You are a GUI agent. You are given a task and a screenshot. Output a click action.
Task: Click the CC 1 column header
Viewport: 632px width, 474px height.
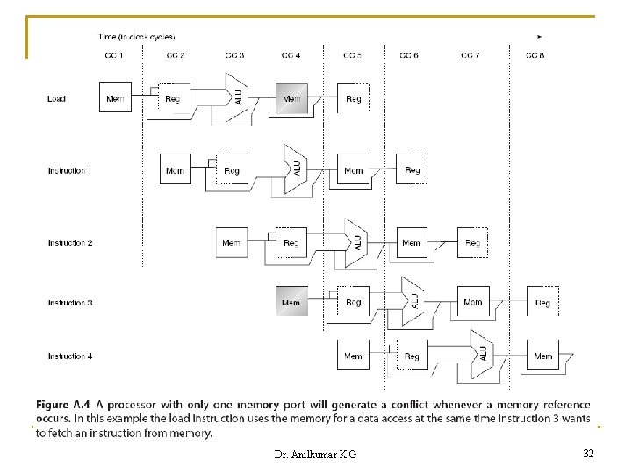pos(114,55)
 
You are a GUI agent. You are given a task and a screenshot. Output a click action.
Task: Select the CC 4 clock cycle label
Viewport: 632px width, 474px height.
pos(291,55)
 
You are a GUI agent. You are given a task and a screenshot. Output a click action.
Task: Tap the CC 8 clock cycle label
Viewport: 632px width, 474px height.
pos(536,55)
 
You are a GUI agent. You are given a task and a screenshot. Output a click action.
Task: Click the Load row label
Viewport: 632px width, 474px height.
pos(56,99)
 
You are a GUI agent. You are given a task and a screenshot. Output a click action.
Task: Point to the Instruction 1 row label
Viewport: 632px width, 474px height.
pos(70,170)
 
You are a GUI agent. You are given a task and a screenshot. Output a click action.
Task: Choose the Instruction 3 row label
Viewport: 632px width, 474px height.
pos(70,303)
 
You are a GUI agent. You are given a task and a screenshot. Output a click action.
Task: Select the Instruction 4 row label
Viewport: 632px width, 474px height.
pos(70,356)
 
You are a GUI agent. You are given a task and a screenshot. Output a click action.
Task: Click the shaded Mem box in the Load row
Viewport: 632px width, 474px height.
pos(291,98)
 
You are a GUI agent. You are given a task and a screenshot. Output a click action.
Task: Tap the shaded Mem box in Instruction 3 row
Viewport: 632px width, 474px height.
pos(291,302)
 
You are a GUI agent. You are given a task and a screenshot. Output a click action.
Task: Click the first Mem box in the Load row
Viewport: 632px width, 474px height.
pos(115,98)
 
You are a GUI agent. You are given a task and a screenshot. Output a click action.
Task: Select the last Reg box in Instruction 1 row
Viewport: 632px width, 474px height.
pos(412,169)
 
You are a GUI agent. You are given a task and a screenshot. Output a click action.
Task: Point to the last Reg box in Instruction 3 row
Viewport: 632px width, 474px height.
pos(542,302)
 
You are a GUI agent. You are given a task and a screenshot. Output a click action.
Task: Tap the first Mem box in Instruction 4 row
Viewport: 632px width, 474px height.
pos(353,355)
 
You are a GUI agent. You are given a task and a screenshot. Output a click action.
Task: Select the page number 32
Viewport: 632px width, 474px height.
pos(588,453)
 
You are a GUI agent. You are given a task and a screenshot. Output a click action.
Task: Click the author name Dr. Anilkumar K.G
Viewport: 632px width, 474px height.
pos(316,454)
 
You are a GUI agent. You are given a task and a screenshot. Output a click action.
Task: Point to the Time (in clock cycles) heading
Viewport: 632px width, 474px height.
pos(137,37)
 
